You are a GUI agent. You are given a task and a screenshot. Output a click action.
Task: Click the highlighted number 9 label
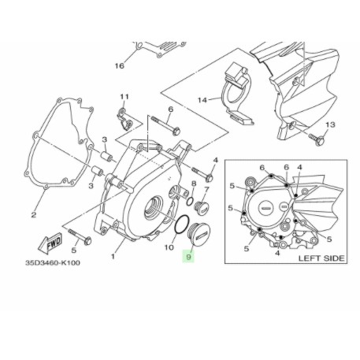coord(187,257)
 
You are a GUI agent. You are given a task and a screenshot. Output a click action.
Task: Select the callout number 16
coord(120,65)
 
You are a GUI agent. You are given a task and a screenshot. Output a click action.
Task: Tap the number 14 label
coord(202,100)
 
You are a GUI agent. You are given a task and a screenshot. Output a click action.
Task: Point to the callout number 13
coord(330,125)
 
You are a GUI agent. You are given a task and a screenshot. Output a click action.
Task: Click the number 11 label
coord(123,97)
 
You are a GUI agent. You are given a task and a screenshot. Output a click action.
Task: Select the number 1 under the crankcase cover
coord(113,256)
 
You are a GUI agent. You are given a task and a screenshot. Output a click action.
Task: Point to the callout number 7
coord(206,190)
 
